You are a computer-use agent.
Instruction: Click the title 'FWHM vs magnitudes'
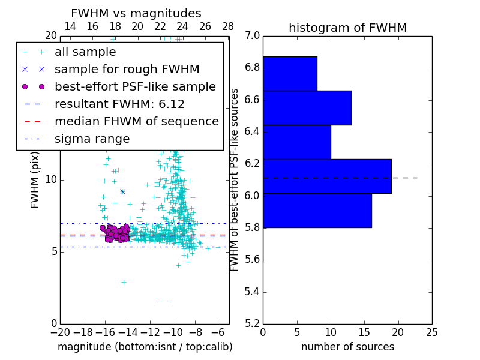pos(136,13)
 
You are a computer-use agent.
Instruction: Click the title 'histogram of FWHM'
pos(347,28)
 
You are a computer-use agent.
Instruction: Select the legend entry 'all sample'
pos(85,52)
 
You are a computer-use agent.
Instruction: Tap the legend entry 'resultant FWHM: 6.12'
pos(119,104)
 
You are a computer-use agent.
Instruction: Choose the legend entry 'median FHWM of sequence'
pos(136,121)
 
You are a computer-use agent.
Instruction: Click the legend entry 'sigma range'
pos(92,139)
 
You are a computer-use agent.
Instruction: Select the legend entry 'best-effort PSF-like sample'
pos(135,86)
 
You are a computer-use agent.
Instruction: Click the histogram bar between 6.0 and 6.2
pos(327,176)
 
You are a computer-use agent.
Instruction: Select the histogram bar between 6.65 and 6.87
pos(290,74)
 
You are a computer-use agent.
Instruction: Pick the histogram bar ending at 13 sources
pos(307,108)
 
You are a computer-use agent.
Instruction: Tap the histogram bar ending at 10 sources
pos(296,142)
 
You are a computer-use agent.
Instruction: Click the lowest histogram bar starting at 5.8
pos(317,211)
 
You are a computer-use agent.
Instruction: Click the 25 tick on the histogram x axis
pos(431,332)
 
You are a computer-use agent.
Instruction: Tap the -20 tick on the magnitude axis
pos(60,332)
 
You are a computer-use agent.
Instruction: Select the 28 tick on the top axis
pos(229,26)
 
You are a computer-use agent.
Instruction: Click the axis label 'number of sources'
pos(347,347)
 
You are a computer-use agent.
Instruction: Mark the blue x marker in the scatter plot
pos(122,191)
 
